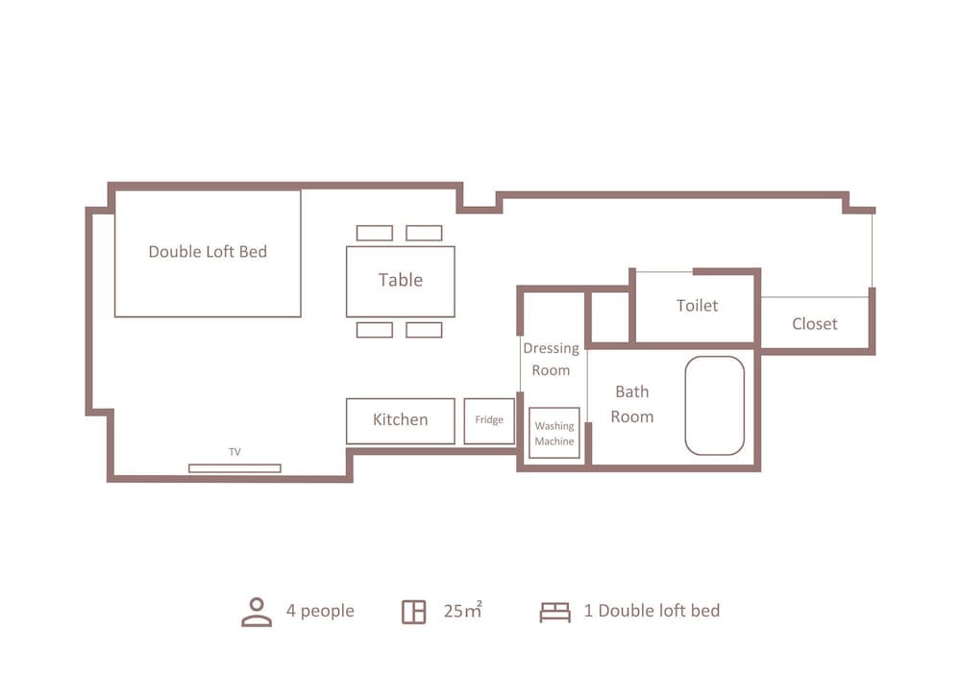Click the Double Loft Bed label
coord(208,251)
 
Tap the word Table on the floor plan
coord(400,280)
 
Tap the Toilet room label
coord(697,305)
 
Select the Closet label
coord(815,324)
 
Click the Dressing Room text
coord(551,360)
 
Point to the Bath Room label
coord(632,404)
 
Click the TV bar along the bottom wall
coord(234,468)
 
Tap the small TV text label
coord(234,452)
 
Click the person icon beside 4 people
coord(257,612)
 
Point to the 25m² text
coord(463,610)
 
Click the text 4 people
coord(320,611)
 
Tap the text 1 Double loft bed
coord(653,611)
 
